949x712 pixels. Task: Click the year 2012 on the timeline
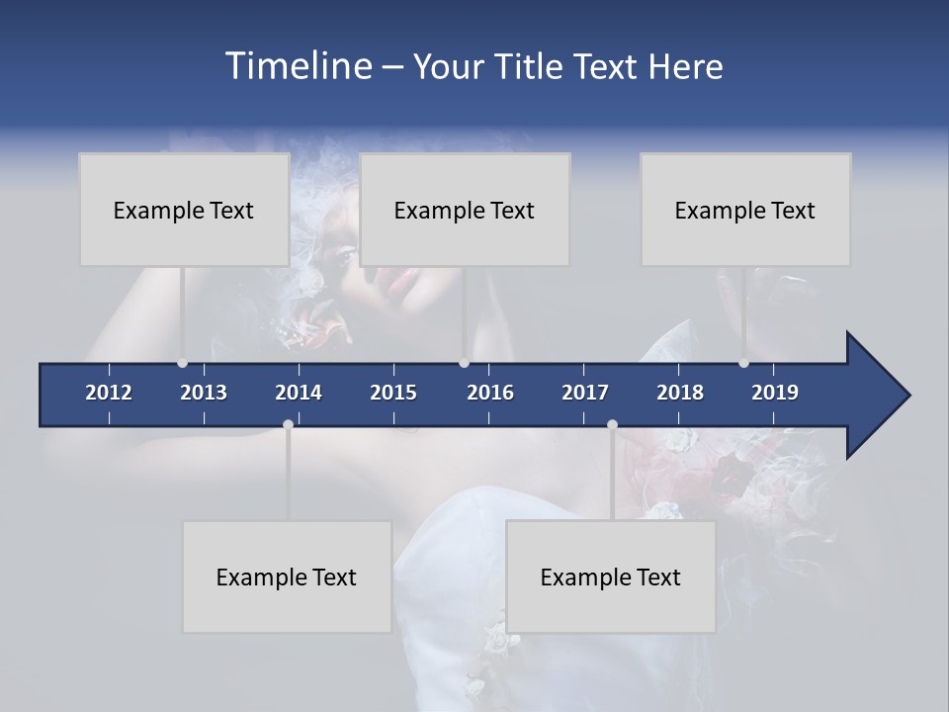(x=109, y=393)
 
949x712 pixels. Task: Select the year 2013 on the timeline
(x=204, y=393)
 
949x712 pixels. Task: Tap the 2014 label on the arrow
(x=299, y=393)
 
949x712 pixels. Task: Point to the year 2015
(x=393, y=393)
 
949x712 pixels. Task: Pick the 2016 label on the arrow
(x=490, y=393)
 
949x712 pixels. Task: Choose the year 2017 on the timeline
(x=585, y=393)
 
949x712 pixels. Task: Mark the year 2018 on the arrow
(x=680, y=393)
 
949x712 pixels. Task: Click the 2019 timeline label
(x=775, y=393)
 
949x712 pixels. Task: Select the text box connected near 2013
(x=184, y=210)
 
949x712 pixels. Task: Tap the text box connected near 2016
(x=465, y=210)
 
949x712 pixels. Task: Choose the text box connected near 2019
(x=745, y=210)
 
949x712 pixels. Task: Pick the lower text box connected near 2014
(x=287, y=577)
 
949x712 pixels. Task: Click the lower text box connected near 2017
(x=611, y=577)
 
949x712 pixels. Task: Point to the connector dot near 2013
(x=182, y=363)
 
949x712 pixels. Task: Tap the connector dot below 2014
(x=288, y=425)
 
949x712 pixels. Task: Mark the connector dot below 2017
(x=612, y=425)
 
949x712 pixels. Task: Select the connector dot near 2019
(x=743, y=363)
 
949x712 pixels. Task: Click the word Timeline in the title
(x=299, y=66)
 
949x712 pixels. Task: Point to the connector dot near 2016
(x=464, y=363)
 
